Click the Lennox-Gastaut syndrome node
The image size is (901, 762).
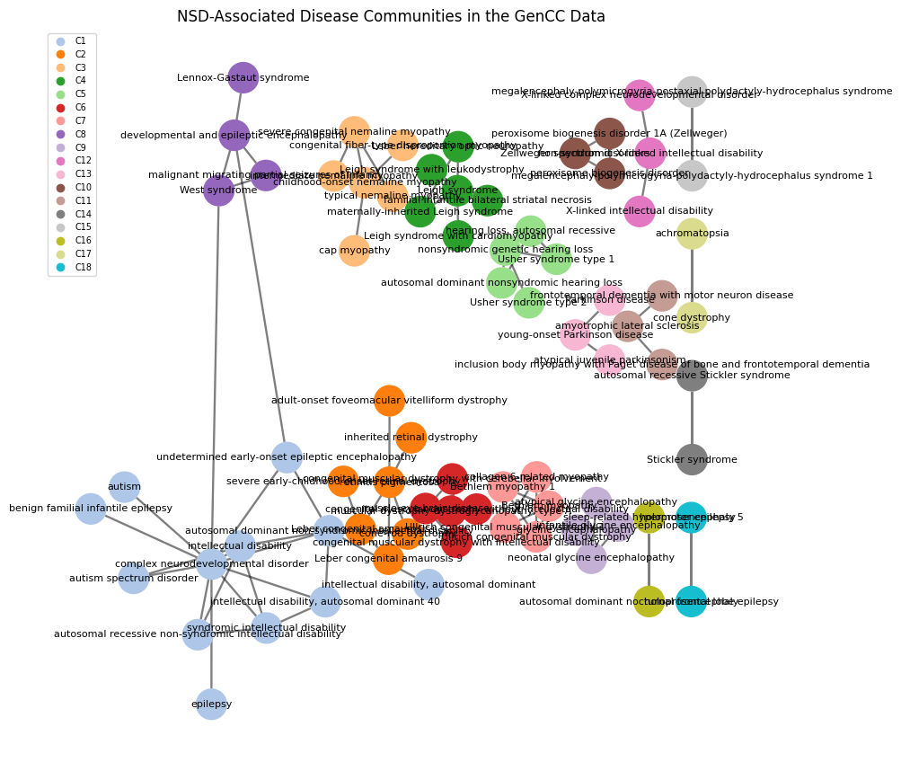click(243, 78)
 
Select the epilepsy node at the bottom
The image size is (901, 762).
click(211, 704)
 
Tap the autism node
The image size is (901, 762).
click(124, 487)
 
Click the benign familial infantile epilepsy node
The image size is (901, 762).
click(91, 509)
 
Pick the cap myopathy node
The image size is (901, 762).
click(354, 251)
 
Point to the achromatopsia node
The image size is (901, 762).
click(692, 234)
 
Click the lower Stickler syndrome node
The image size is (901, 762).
click(692, 460)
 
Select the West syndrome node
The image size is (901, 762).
click(218, 190)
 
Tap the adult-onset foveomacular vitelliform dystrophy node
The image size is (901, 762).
click(389, 401)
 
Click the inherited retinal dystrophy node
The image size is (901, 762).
click(411, 438)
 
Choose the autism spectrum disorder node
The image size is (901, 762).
click(134, 579)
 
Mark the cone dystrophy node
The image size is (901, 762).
click(692, 317)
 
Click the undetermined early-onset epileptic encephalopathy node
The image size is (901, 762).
click(287, 457)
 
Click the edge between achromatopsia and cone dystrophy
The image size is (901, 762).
click(692, 275)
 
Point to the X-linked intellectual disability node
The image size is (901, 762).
click(640, 211)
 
